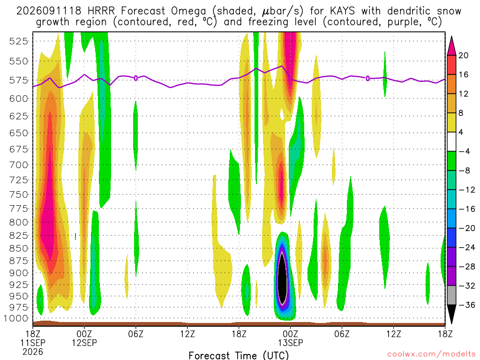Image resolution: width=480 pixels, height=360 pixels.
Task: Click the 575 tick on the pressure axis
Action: tap(19, 80)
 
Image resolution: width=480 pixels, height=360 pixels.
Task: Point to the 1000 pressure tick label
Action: tap(15, 318)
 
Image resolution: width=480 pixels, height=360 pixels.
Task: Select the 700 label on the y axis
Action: tap(19, 165)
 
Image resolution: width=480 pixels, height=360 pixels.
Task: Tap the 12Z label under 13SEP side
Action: tap(393, 333)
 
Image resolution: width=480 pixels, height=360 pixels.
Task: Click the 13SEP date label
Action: tap(291, 343)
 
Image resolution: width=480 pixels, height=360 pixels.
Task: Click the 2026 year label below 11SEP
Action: tap(33, 352)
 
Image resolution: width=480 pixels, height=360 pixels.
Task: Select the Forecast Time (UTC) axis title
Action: tap(239, 355)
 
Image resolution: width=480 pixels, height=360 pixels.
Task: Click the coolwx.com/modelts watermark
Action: tap(431, 354)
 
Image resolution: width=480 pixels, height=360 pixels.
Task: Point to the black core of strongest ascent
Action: tap(282, 278)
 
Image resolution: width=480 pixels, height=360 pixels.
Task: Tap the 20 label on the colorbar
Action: tap(463, 55)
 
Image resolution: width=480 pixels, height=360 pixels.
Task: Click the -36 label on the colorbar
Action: tap(467, 305)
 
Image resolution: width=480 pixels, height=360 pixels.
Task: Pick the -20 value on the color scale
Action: tap(467, 228)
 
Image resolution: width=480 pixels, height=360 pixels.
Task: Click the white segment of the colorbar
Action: tap(451, 142)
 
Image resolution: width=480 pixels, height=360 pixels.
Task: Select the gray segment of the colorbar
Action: tap(451, 295)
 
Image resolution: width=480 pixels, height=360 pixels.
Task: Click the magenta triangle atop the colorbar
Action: tap(451, 45)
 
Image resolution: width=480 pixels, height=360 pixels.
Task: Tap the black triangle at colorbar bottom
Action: tap(451, 314)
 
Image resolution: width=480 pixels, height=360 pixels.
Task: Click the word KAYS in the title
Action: tap(343, 11)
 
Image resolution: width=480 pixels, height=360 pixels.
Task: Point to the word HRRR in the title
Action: tap(101, 11)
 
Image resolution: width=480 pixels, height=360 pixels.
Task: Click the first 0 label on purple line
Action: tap(135, 78)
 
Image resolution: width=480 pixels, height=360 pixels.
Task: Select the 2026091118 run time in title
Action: tap(49, 11)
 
